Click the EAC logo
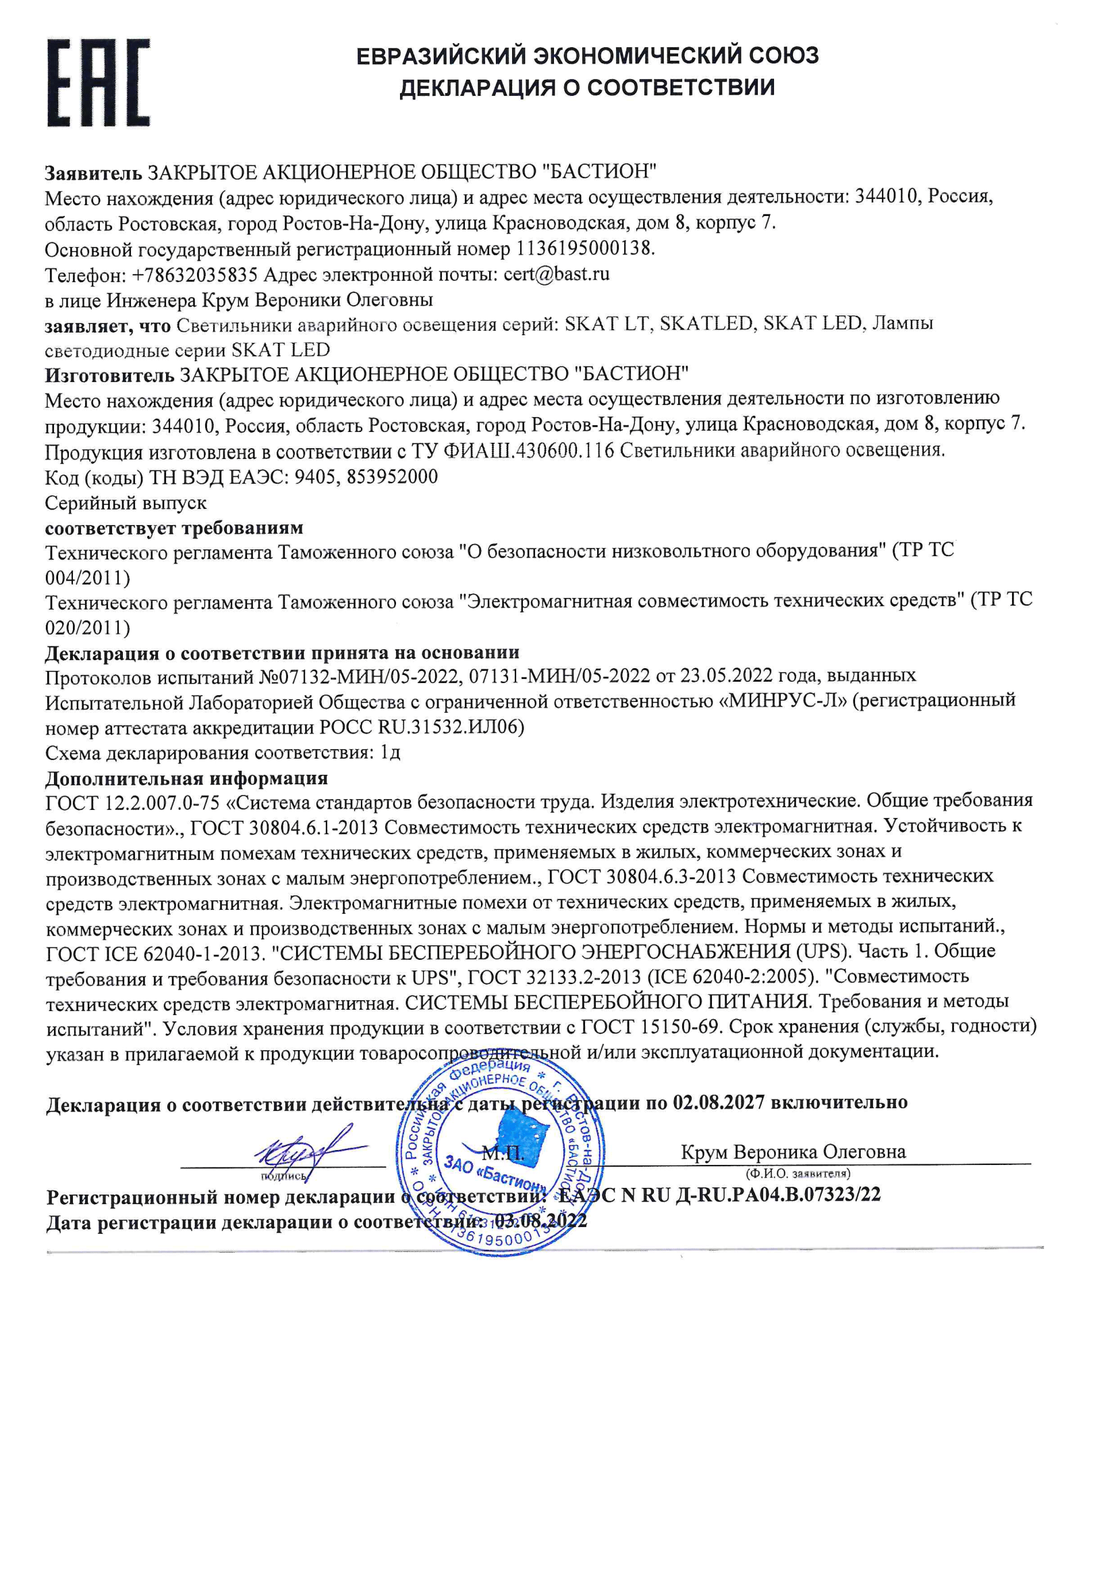(99, 83)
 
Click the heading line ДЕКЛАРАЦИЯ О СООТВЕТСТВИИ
(587, 88)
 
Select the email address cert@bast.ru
(556, 274)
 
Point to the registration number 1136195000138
(584, 249)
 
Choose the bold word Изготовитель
(109, 375)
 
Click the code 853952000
(392, 477)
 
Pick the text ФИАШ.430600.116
(528, 451)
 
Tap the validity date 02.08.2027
(718, 1102)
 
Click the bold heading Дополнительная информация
(186, 778)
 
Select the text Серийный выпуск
(125, 503)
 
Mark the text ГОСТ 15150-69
(650, 1027)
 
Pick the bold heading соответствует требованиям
(174, 528)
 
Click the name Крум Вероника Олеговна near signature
(793, 1152)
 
